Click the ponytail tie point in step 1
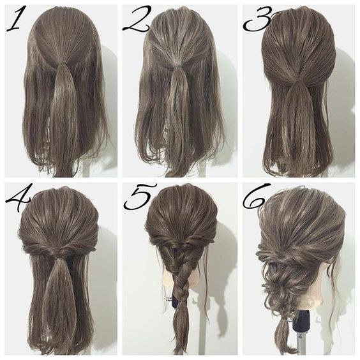(61, 63)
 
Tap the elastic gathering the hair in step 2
(177, 67)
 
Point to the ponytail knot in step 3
(299, 81)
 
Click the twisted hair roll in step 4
(60, 248)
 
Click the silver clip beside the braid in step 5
(169, 299)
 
